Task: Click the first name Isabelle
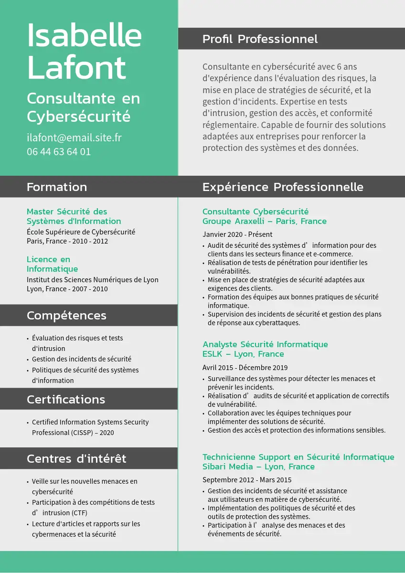tap(84, 36)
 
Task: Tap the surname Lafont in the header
tap(76, 68)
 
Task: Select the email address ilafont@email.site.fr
tap(74, 138)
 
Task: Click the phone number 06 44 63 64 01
tap(59, 152)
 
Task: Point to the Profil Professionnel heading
tap(260, 39)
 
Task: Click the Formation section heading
tap(57, 187)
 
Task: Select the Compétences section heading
tap(66, 316)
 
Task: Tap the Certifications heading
tap(66, 400)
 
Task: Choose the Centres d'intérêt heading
tap(76, 459)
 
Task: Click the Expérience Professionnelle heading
tap(283, 187)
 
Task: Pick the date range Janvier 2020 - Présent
tap(237, 234)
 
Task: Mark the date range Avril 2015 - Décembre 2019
tap(245, 368)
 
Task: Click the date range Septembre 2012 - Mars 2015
tap(247, 480)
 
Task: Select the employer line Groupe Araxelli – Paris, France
tap(265, 221)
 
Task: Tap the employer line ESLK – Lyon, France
tap(243, 354)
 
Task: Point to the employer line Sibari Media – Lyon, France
tap(258, 467)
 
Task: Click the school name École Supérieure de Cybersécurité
tap(81, 232)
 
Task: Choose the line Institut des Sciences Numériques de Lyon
tap(93, 280)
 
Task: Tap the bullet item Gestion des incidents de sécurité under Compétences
tap(81, 359)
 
